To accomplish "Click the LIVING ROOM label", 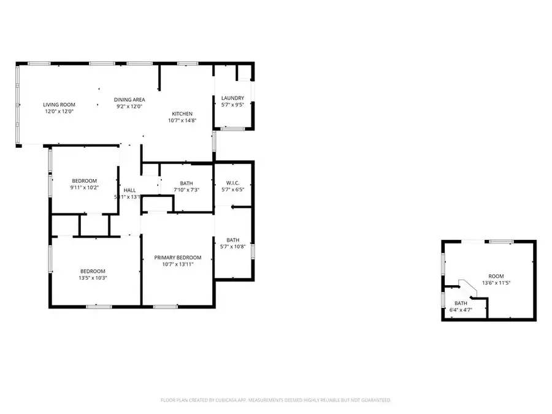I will click(x=59, y=104).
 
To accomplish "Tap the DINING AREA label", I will click(x=129, y=99).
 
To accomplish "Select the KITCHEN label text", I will click(x=182, y=113).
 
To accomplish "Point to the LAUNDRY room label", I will click(x=233, y=98).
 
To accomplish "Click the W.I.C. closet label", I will click(x=232, y=182).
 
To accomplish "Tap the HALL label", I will click(x=129, y=190).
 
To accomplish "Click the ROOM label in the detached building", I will click(x=496, y=276).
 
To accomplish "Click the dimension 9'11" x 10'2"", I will click(x=85, y=188).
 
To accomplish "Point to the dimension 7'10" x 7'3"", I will click(x=186, y=190).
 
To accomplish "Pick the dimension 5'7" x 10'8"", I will click(x=232, y=247).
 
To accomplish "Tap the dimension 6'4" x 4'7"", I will click(x=461, y=310).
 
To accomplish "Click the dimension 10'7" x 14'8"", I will click(x=182, y=121).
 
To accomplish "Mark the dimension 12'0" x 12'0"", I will click(x=59, y=112).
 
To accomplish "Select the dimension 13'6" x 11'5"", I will click(x=496, y=283).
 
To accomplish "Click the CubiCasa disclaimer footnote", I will click(x=275, y=400).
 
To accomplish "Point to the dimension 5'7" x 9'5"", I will click(x=233, y=105).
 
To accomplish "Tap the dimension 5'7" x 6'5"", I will click(x=232, y=190).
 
